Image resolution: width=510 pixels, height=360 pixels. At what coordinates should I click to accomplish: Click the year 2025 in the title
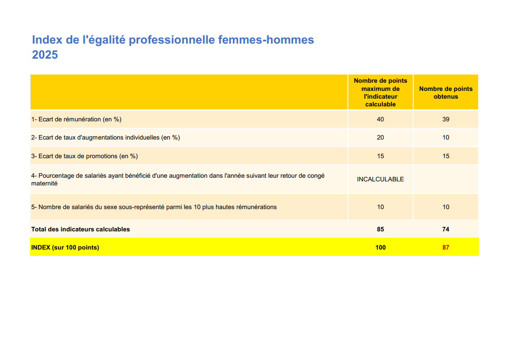coord(45,55)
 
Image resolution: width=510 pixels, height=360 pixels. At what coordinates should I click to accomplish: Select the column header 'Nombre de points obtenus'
coord(445,93)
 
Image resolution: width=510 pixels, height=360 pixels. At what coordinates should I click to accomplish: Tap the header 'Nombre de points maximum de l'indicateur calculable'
coord(380,92)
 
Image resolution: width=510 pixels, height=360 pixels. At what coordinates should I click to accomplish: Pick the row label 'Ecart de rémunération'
coord(76,120)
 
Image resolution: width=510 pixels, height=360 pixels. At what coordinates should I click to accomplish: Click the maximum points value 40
coord(380,120)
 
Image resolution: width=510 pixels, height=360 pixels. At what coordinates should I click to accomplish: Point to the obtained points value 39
coord(445,120)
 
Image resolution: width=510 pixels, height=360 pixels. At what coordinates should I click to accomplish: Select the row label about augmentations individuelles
coord(105,138)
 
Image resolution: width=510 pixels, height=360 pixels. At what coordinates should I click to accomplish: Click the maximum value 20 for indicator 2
coord(380,138)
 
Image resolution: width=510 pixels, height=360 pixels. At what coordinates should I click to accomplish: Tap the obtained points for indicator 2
coord(445,138)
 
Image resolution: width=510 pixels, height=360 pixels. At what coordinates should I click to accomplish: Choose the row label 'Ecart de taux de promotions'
coord(85,156)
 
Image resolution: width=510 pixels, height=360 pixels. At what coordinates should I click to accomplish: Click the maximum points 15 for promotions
coord(380,156)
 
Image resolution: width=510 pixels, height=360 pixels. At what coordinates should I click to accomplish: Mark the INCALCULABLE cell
coord(380,180)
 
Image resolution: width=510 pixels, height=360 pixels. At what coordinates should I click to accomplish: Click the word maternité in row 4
coord(45,184)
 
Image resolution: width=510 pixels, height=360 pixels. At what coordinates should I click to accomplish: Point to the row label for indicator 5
coord(154,207)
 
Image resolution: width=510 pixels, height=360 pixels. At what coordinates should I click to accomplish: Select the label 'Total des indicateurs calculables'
coord(80,230)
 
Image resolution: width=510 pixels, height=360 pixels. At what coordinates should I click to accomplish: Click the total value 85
coord(380,230)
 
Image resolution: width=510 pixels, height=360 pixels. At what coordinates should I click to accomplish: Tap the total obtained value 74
coord(445,230)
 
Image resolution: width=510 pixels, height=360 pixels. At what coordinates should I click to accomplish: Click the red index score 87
coord(445,248)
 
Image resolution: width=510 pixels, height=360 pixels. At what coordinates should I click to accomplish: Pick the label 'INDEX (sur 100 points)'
coord(65,248)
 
